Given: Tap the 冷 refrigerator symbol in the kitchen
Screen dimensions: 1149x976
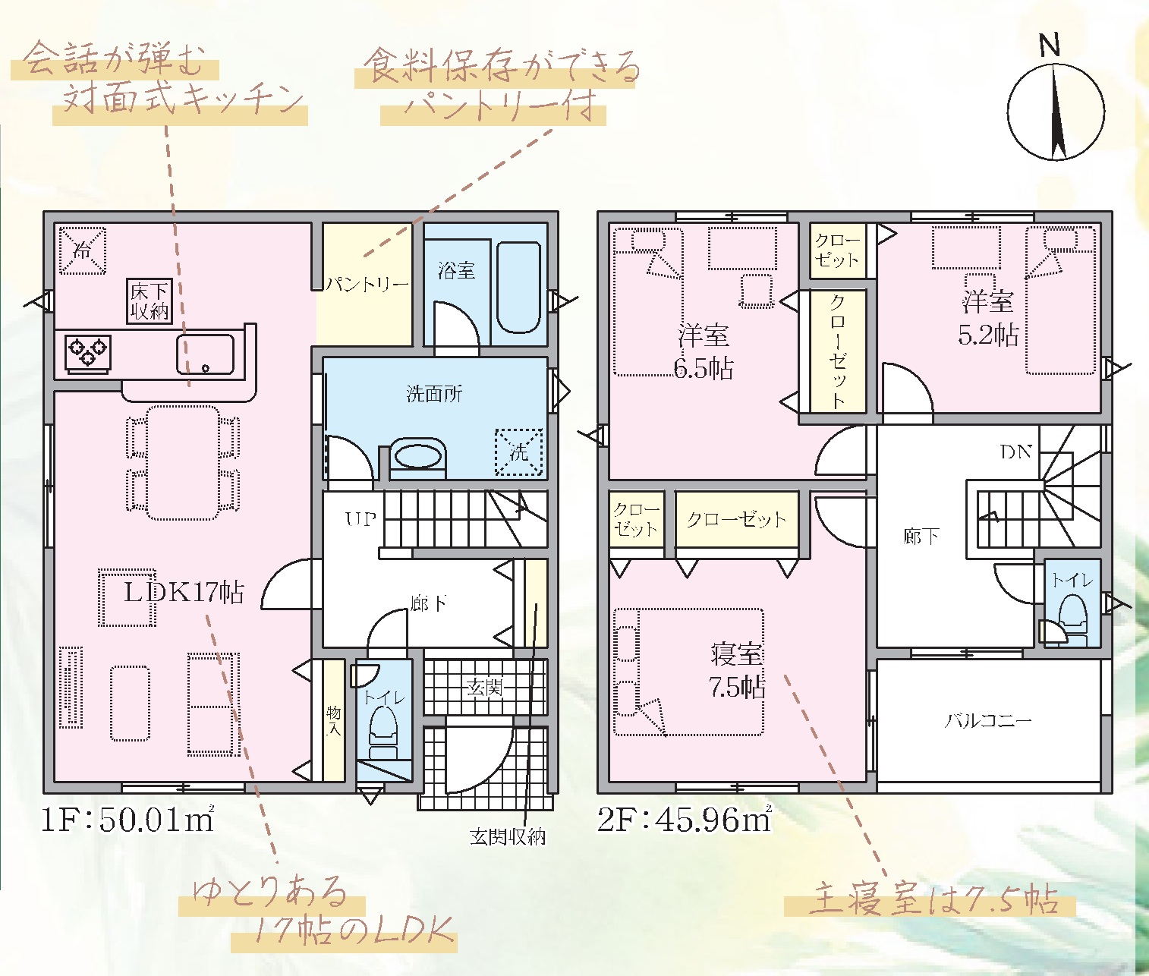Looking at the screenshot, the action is (x=82, y=250).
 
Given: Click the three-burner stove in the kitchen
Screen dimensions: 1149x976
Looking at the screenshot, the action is (x=87, y=352).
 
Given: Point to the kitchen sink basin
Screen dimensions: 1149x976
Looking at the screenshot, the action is (x=205, y=354).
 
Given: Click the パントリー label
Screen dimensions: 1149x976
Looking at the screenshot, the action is (x=367, y=285).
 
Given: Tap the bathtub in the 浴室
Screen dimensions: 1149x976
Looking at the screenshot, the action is (x=518, y=288).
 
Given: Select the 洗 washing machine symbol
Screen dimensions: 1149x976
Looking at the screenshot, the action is (x=518, y=452).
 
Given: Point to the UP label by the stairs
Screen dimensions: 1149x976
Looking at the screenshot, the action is (x=360, y=520).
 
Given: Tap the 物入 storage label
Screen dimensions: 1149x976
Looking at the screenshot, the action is (x=333, y=721).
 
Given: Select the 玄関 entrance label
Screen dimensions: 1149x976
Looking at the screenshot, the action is (x=485, y=688).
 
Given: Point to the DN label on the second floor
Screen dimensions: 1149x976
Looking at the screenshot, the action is (x=1016, y=452).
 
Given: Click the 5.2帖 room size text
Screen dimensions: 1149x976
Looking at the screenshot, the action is (x=988, y=335).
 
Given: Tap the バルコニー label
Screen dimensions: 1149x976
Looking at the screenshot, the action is (x=988, y=722).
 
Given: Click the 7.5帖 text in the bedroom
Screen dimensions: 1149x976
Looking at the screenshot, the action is (x=737, y=688).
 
